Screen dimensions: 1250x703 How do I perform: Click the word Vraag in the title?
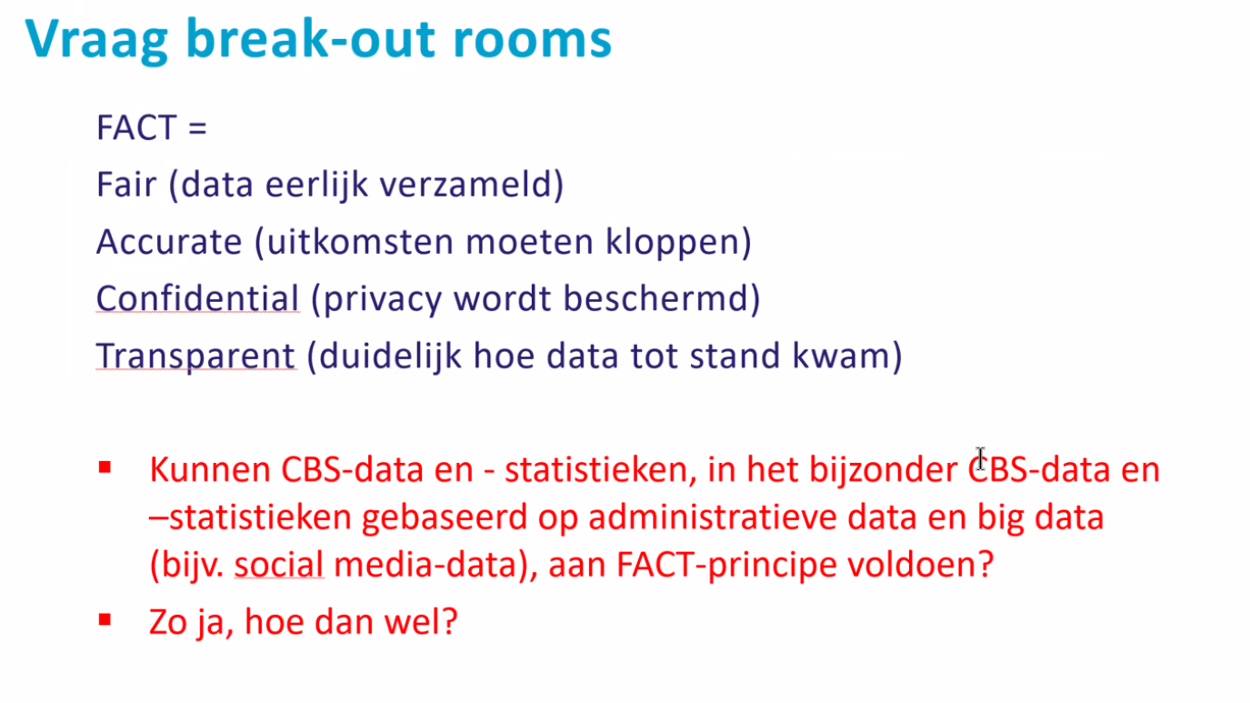pos(96,41)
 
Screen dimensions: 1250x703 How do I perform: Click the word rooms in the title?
pos(533,39)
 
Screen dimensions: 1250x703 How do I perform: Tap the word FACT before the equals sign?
pos(136,127)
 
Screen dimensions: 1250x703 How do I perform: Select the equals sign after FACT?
pos(197,128)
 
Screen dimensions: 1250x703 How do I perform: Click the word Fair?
pos(126,185)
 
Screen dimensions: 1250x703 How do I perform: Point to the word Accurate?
pos(169,242)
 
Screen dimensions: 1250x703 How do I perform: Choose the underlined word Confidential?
pos(197,298)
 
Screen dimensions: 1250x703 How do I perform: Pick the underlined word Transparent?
pos(195,357)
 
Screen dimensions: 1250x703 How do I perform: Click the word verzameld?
pos(472,185)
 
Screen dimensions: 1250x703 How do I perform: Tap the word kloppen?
pos(678,243)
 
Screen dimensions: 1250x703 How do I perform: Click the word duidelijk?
pos(390,357)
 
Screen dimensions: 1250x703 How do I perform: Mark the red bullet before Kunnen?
pos(105,467)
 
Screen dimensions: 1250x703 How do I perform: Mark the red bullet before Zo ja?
pos(105,620)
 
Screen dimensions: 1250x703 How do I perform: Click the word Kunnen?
pos(210,469)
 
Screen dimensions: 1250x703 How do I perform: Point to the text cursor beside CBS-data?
pos(980,458)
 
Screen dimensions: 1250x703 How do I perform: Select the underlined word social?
pos(279,565)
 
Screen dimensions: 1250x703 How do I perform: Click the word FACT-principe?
pos(726,565)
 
